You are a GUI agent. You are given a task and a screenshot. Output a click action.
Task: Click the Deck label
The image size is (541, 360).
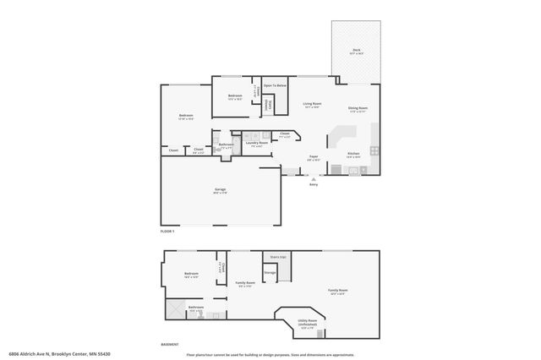[356, 51]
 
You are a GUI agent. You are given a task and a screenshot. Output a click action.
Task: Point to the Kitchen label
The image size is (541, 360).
[353, 154]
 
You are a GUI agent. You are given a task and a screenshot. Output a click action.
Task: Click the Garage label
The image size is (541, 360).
[219, 189]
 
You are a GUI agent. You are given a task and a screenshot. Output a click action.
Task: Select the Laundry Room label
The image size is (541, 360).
[257, 143]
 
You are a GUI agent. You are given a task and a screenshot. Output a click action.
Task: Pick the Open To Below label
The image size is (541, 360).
[275, 85]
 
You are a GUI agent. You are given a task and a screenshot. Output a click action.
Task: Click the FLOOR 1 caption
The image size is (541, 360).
[167, 230]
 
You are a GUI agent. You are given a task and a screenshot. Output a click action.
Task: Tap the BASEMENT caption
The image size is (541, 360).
[170, 344]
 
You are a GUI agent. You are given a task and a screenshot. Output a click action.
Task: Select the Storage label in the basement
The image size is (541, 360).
[270, 272]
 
